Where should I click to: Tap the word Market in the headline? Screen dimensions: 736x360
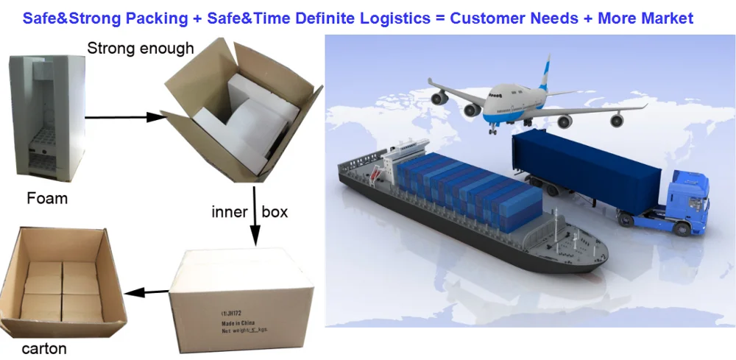[x=665, y=18]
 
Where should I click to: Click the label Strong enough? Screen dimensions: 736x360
[x=141, y=49]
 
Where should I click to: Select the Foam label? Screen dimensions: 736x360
[x=47, y=199]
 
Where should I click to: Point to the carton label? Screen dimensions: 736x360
[x=44, y=348]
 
